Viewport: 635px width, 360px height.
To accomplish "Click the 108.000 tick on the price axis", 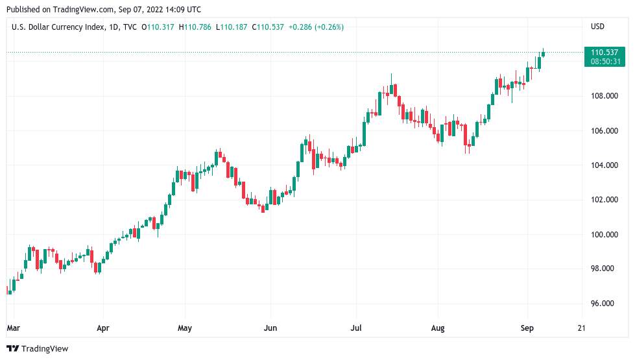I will click(x=603, y=96).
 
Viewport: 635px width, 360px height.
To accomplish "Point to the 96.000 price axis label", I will click(x=603, y=303).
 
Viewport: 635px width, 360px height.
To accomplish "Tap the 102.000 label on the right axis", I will click(x=603, y=200).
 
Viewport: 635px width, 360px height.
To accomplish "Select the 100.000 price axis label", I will click(x=603, y=234).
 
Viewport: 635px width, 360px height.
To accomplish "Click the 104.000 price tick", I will click(x=603, y=165).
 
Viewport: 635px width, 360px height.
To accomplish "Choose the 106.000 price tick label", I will click(x=603, y=131).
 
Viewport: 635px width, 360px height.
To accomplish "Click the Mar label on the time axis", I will click(x=13, y=328).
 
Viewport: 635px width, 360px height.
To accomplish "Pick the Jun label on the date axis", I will click(x=270, y=328).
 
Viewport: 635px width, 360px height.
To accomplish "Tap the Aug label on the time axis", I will click(x=438, y=328).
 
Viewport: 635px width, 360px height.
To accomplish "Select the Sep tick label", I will click(x=527, y=328).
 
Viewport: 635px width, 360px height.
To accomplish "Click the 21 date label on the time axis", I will click(x=581, y=328).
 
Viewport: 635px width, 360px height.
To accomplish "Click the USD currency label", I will click(x=597, y=27).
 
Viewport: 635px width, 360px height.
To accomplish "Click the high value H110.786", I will click(x=198, y=27).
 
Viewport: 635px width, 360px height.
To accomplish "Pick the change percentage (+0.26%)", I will click(x=329, y=27).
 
